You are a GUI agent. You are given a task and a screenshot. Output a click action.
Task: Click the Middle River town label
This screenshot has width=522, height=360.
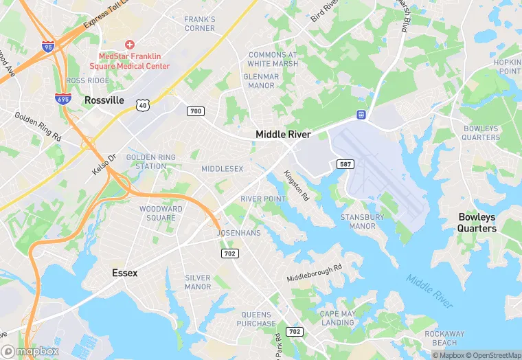[x=283, y=134]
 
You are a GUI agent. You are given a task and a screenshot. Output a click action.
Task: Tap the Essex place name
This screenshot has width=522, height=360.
[x=125, y=273]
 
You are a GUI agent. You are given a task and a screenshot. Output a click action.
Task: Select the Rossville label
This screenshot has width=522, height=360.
[x=104, y=100]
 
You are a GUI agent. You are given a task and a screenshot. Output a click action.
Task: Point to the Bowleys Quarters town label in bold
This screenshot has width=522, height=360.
[x=477, y=223]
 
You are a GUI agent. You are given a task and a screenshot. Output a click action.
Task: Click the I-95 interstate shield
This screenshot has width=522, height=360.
[x=47, y=47]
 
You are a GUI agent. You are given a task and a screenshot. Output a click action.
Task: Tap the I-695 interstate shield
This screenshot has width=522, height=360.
[x=63, y=100]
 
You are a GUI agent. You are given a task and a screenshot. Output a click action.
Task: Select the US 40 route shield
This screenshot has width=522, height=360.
[x=142, y=104]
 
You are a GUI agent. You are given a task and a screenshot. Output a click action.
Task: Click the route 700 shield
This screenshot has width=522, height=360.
[x=196, y=111]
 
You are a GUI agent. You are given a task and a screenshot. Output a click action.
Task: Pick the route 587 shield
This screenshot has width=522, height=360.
[x=345, y=164]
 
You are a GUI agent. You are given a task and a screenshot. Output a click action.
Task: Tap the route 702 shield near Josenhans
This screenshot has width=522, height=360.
[x=230, y=254]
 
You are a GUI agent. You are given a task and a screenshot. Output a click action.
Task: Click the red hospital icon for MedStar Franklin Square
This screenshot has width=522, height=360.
[x=129, y=45]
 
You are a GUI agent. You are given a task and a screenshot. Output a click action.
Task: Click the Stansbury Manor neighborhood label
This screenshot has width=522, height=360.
[x=362, y=221]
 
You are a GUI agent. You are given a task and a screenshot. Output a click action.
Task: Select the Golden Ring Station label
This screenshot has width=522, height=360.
[x=151, y=161]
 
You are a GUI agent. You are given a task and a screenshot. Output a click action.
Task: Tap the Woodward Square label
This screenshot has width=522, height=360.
[x=161, y=213]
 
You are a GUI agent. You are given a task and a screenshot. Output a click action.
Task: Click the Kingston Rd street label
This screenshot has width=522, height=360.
[x=297, y=186]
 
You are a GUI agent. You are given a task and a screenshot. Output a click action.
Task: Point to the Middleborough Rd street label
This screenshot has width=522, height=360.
[x=314, y=273]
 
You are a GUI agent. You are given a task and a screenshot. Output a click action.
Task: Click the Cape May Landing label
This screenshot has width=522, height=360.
[x=337, y=318]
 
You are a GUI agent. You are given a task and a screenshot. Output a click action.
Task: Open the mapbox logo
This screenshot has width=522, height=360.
[x=30, y=351]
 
